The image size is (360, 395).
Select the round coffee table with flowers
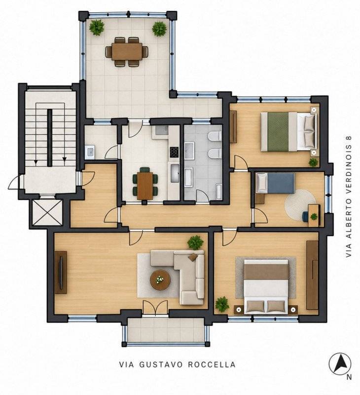(160, 280)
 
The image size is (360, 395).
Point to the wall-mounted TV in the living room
(61, 273)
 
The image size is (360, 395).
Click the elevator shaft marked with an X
(47, 213)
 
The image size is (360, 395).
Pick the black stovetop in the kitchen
(174, 152)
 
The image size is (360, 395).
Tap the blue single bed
(275, 183)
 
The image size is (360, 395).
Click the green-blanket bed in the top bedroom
(288, 132)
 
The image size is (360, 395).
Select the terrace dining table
(127, 52)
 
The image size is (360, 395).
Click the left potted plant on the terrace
(97, 27)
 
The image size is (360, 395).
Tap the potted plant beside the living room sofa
(195, 242)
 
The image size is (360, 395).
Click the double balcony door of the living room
(155, 307)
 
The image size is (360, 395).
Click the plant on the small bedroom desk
(314, 216)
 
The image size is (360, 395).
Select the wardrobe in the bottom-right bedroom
(312, 275)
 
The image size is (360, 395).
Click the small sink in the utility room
(90, 152)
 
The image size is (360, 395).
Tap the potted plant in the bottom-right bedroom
(222, 304)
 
